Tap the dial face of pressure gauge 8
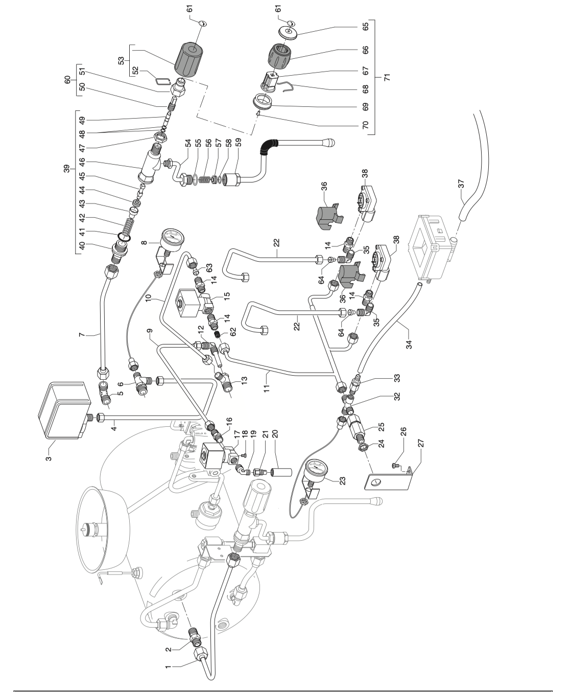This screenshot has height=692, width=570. [x=173, y=239]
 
